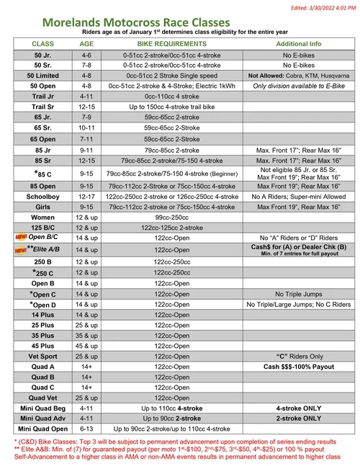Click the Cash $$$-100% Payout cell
coord(296,366)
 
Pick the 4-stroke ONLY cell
coord(296,407)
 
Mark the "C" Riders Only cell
coord(296,356)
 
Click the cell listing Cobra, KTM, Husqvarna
coord(296,75)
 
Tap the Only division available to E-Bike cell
coord(296,85)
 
